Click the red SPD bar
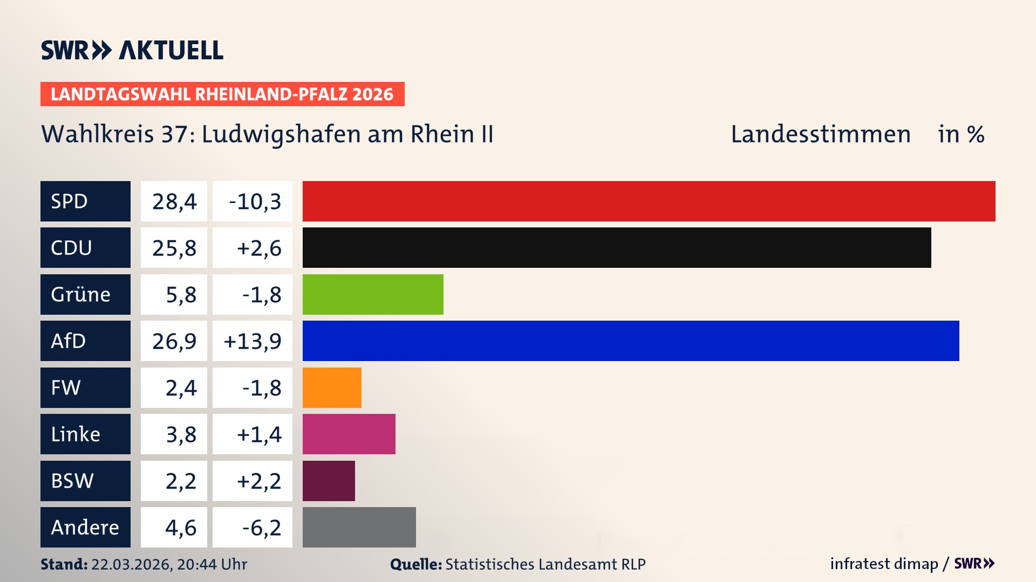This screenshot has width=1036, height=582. click(649, 201)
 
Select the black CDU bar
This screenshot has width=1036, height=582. click(617, 247)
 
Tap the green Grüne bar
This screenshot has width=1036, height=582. click(373, 294)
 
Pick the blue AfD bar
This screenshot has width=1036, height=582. click(631, 341)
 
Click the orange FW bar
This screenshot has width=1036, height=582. click(332, 387)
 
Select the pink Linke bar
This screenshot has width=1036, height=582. click(349, 434)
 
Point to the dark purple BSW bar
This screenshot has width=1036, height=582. click(329, 481)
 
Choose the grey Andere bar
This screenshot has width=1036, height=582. click(359, 527)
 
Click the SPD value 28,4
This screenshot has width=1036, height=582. click(174, 202)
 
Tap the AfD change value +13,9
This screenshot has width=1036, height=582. click(253, 341)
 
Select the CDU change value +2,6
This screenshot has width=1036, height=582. click(258, 248)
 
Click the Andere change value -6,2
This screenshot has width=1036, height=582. click(261, 528)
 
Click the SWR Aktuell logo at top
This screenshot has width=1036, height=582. click(132, 50)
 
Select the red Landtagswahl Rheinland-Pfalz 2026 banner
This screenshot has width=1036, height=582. click(222, 94)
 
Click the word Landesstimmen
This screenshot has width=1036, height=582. click(820, 134)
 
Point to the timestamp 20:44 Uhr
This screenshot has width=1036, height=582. click(212, 564)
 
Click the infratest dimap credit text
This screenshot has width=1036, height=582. click(883, 564)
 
